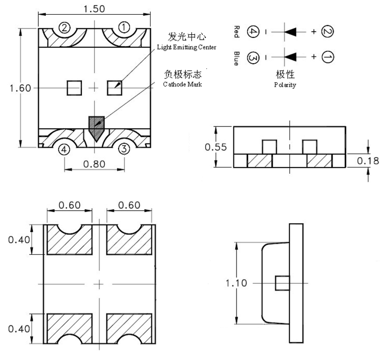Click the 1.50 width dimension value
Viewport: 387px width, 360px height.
[96, 9]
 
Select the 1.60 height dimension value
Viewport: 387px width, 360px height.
[20, 88]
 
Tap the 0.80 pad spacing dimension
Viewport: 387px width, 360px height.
[94, 164]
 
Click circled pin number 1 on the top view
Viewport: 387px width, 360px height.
[124, 28]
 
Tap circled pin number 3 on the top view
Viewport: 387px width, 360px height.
[124, 149]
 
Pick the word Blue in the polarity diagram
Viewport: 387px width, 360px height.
[236, 58]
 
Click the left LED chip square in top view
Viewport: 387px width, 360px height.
[75, 88]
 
